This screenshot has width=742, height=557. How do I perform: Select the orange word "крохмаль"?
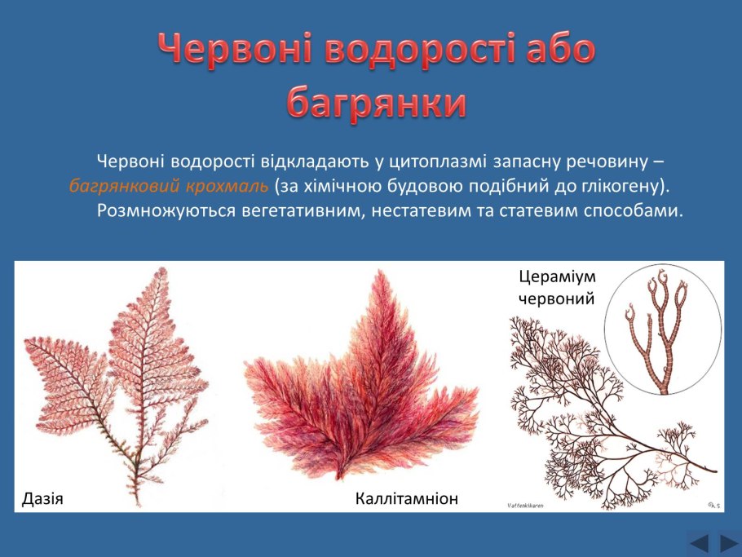click(227, 186)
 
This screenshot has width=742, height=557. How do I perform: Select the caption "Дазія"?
click(42, 499)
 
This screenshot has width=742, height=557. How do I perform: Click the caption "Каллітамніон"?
click(407, 498)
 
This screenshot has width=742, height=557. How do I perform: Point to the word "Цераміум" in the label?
click(557, 276)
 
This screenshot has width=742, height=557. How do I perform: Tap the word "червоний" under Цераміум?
click(556, 298)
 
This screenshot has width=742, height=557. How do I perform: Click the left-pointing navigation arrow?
click(700, 543)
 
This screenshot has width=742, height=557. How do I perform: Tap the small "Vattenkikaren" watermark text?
click(525, 506)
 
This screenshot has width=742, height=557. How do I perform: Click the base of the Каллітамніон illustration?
click(339, 475)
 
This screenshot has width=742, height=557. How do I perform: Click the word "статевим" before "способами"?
click(537, 210)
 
